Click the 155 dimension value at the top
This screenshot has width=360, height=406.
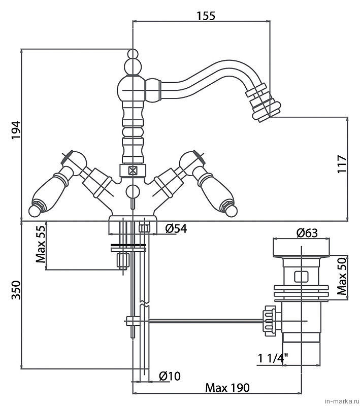(x=206, y=16)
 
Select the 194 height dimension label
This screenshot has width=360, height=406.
(x=16, y=130)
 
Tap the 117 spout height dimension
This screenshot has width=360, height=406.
(x=342, y=164)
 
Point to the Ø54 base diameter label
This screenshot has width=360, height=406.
(x=176, y=229)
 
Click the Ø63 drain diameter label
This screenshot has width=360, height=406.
(x=307, y=233)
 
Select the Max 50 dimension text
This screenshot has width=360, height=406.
(x=342, y=276)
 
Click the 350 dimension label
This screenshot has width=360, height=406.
(x=16, y=290)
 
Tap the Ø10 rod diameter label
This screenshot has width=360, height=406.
(x=170, y=376)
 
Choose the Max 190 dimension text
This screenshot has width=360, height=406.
(x=227, y=388)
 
